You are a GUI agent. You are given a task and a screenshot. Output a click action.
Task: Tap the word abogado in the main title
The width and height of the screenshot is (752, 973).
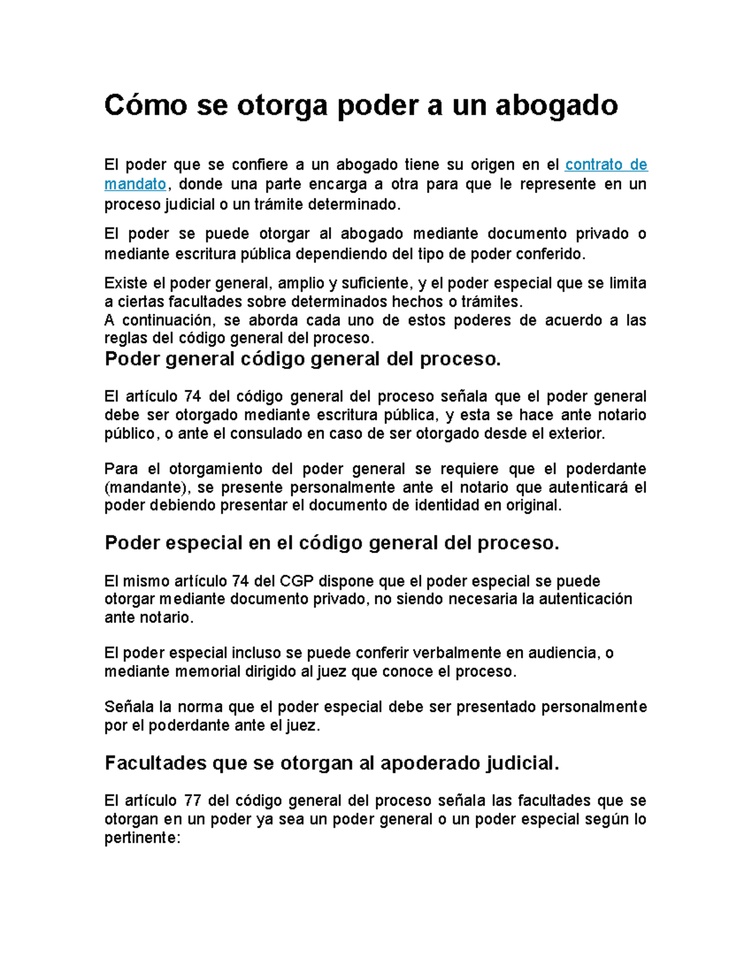click(556, 106)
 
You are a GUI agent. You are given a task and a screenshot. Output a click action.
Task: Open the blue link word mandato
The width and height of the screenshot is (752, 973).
click(135, 184)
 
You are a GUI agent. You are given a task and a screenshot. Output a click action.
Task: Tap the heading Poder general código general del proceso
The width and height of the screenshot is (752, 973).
click(303, 360)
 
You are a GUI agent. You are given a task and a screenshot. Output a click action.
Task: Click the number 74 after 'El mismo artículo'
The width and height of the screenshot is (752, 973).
click(240, 581)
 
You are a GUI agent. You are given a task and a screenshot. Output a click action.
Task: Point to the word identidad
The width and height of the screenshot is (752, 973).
click(447, 506)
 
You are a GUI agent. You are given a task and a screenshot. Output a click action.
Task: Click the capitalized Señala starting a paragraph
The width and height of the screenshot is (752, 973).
click(129, 707)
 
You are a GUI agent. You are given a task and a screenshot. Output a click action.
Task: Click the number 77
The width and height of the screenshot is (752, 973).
click(193, 801)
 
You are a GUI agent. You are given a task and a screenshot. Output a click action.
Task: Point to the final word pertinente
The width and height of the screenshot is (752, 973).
click(142, 838)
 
